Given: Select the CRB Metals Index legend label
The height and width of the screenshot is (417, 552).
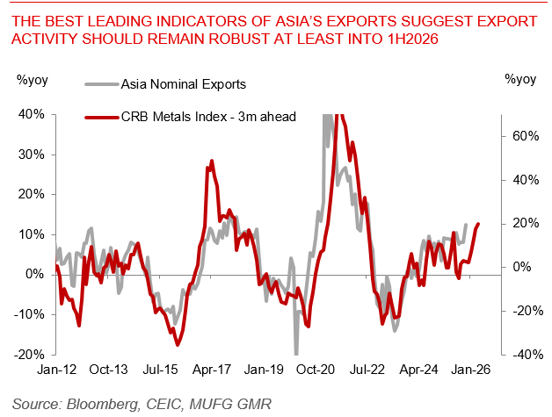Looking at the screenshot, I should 205,115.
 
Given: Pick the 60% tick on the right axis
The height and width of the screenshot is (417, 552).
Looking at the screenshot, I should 521,136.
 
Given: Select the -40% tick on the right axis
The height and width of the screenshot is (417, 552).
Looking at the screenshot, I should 519,355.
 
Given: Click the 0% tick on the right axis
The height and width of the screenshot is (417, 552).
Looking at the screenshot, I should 524,267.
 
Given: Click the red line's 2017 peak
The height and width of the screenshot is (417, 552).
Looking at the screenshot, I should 212,162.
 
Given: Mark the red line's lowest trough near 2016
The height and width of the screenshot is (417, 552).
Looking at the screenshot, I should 178,343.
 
